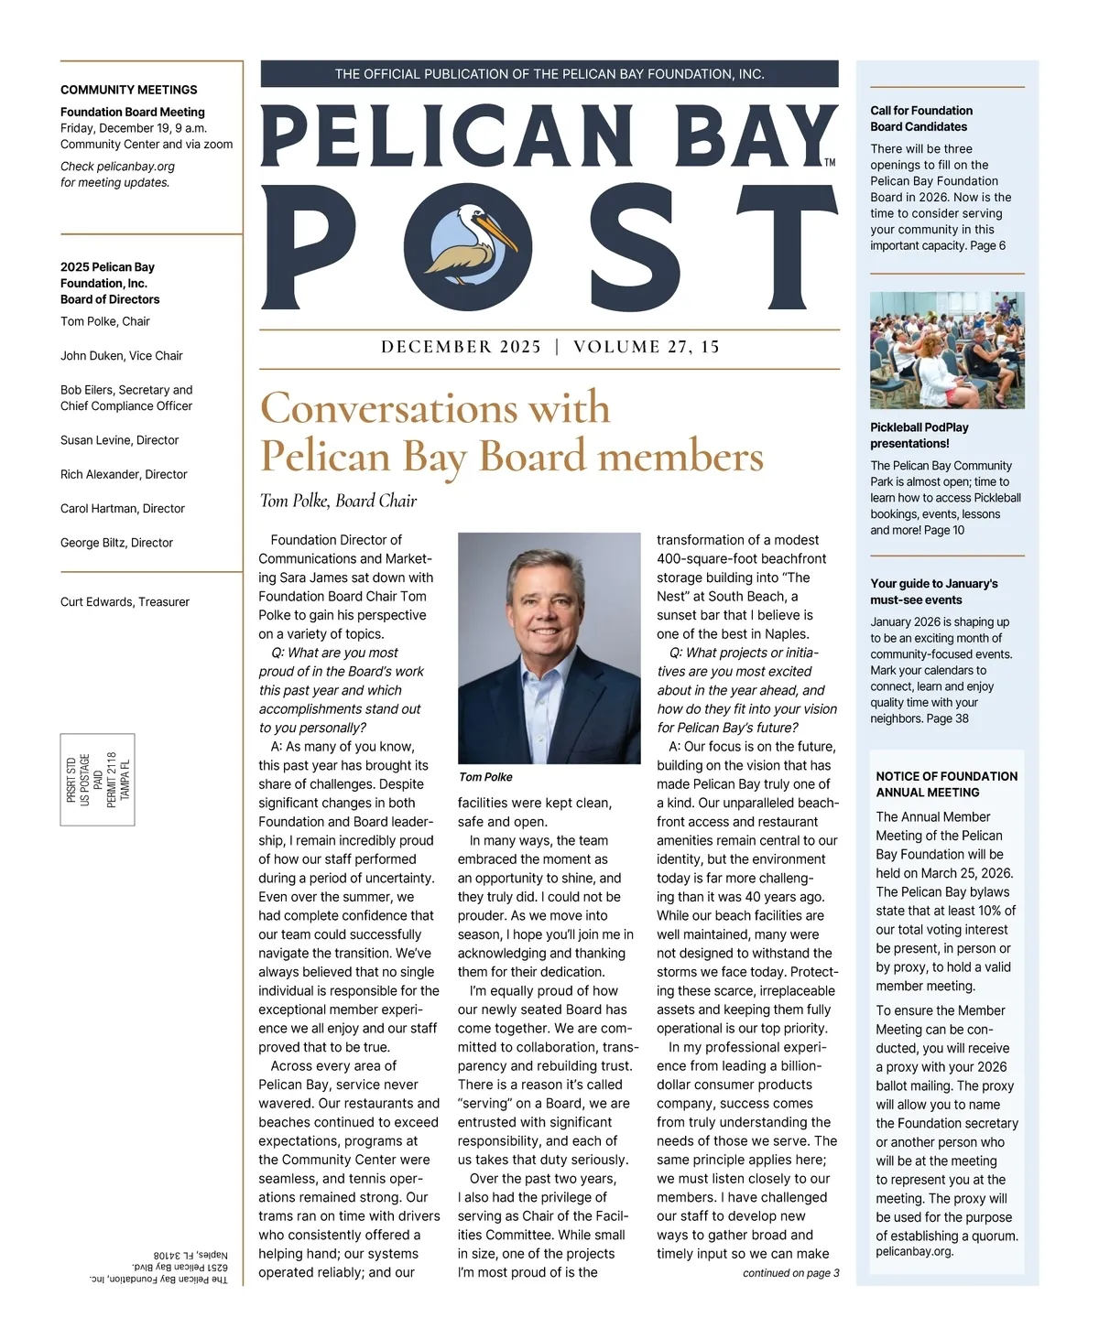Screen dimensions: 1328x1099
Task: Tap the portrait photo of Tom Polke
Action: click(549, 648)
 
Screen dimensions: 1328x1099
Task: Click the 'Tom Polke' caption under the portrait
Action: click(485, 777)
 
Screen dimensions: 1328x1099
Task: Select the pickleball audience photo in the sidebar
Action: click(947, 351)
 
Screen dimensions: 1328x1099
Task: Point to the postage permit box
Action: click(98, 779)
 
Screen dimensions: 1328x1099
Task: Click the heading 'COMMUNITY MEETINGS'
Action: click(129, 90)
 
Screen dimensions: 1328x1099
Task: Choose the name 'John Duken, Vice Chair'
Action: click(122, 356)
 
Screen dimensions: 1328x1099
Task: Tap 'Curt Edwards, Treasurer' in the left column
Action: click(125, 602)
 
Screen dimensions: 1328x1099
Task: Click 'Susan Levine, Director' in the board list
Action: click(119, 440)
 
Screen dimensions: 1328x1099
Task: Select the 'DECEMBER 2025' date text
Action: click(461, 347)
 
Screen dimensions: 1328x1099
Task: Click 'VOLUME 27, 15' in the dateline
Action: click(647, 347)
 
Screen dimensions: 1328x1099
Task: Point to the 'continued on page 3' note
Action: click(790, 1273)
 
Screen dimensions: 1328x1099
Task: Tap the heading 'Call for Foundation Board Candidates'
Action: click(921, 118)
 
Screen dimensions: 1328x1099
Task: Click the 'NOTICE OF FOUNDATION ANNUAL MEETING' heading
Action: click(946, 784)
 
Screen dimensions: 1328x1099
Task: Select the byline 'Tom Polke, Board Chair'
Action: click(338, 501)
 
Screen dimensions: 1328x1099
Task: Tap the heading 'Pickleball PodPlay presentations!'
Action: click(919, 435)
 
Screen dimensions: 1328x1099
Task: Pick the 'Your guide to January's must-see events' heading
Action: click(934, 591)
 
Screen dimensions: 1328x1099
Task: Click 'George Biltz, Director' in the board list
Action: click(116, 543)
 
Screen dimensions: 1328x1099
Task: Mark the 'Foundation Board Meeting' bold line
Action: click(133, 113)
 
